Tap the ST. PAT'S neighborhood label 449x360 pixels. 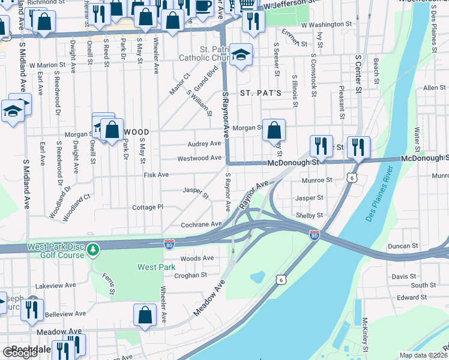pyautogui.click(x=261, y=94)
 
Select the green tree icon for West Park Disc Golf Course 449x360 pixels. pyautogui.click(x=92, y=248)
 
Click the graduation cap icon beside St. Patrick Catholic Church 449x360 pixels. pyautogui.click(x=241, y=55)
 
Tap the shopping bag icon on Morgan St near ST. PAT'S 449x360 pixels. pyautogui.click(x=274, y=130)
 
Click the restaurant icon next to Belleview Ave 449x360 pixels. pyautogui.click(x=32, y=310)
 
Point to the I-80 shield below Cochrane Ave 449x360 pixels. pyautogui.click(x=169, y=243)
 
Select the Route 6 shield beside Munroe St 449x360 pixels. pyautogui.click(x=352, y=178)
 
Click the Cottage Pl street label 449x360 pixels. pyautogui.click(x=148, y=207)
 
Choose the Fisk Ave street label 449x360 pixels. pyautogui.click(x=156, y=175)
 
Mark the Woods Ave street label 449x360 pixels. pyautogui.click(x=197, y=258)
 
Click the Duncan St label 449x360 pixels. pyautogui.click(x=403, y=246)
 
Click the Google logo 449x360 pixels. pyautogui.click(x=20, y=353)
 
